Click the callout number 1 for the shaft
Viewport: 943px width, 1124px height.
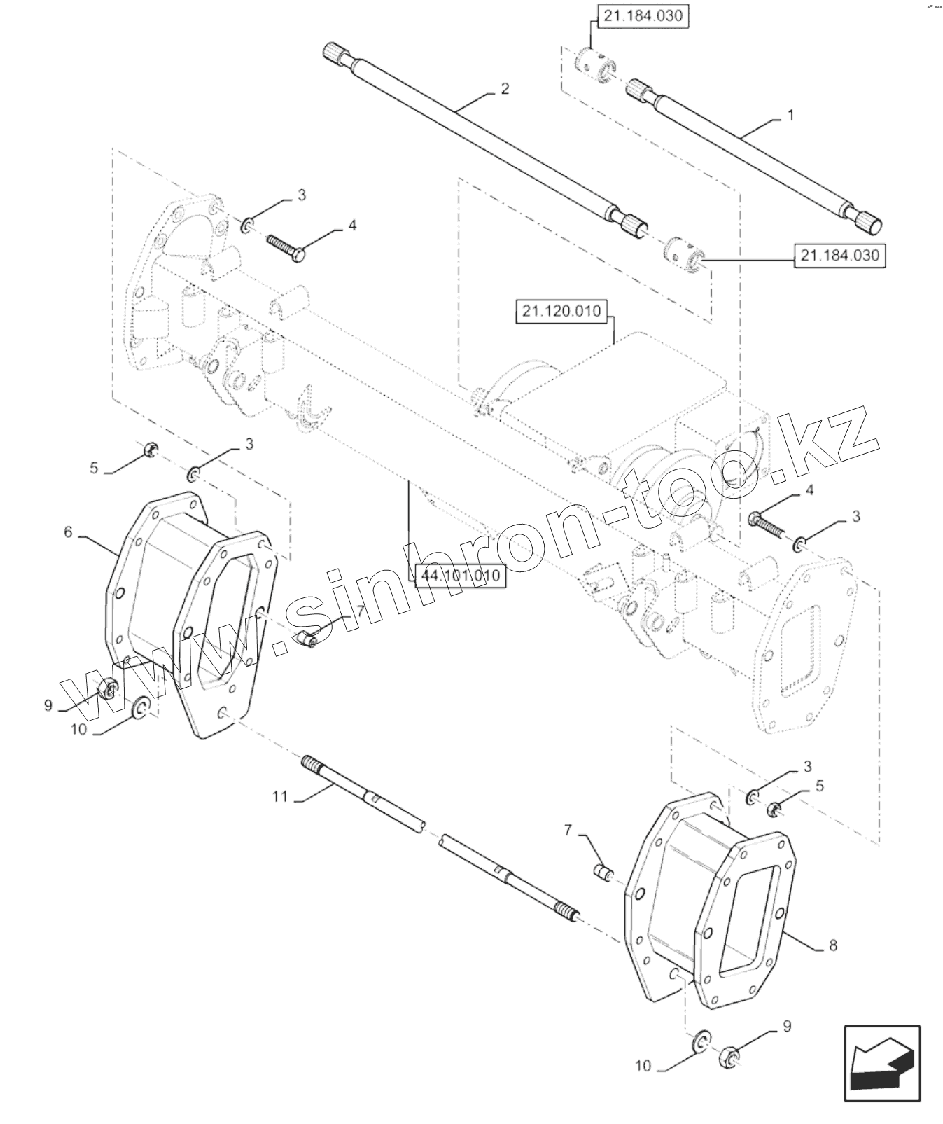click(791, 116)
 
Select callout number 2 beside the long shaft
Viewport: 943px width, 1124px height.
click(505, 89)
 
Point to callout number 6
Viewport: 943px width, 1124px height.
click(68, 532)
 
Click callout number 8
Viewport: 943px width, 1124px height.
click(832, 945)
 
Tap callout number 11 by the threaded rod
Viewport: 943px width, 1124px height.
click(280, 797)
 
